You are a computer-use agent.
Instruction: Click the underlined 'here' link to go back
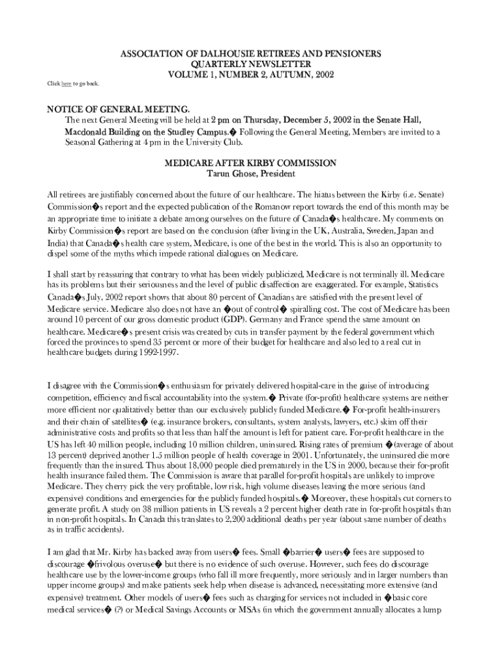(66, 84)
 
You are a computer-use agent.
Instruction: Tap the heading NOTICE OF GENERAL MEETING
(118, 108)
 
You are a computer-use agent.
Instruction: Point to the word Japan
(403, 231)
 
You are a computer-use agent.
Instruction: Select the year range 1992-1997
(157, 353)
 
